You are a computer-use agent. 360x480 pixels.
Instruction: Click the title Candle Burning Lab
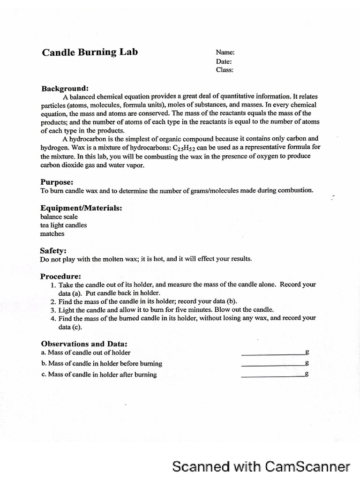90,52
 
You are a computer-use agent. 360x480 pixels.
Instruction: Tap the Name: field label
225,53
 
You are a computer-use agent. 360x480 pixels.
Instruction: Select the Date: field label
224,61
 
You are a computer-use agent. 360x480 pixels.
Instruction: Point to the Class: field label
225,70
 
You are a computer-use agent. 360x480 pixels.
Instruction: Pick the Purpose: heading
57,182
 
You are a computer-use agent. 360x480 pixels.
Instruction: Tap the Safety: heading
53,251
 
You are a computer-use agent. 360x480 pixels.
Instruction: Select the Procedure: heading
61,276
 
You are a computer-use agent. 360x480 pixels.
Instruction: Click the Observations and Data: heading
84,344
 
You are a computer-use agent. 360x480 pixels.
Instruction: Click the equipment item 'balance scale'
59,217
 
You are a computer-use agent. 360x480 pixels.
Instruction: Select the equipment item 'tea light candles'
64,225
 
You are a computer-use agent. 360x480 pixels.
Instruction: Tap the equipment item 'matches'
52,233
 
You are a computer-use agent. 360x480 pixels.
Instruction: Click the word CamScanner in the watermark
307,467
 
